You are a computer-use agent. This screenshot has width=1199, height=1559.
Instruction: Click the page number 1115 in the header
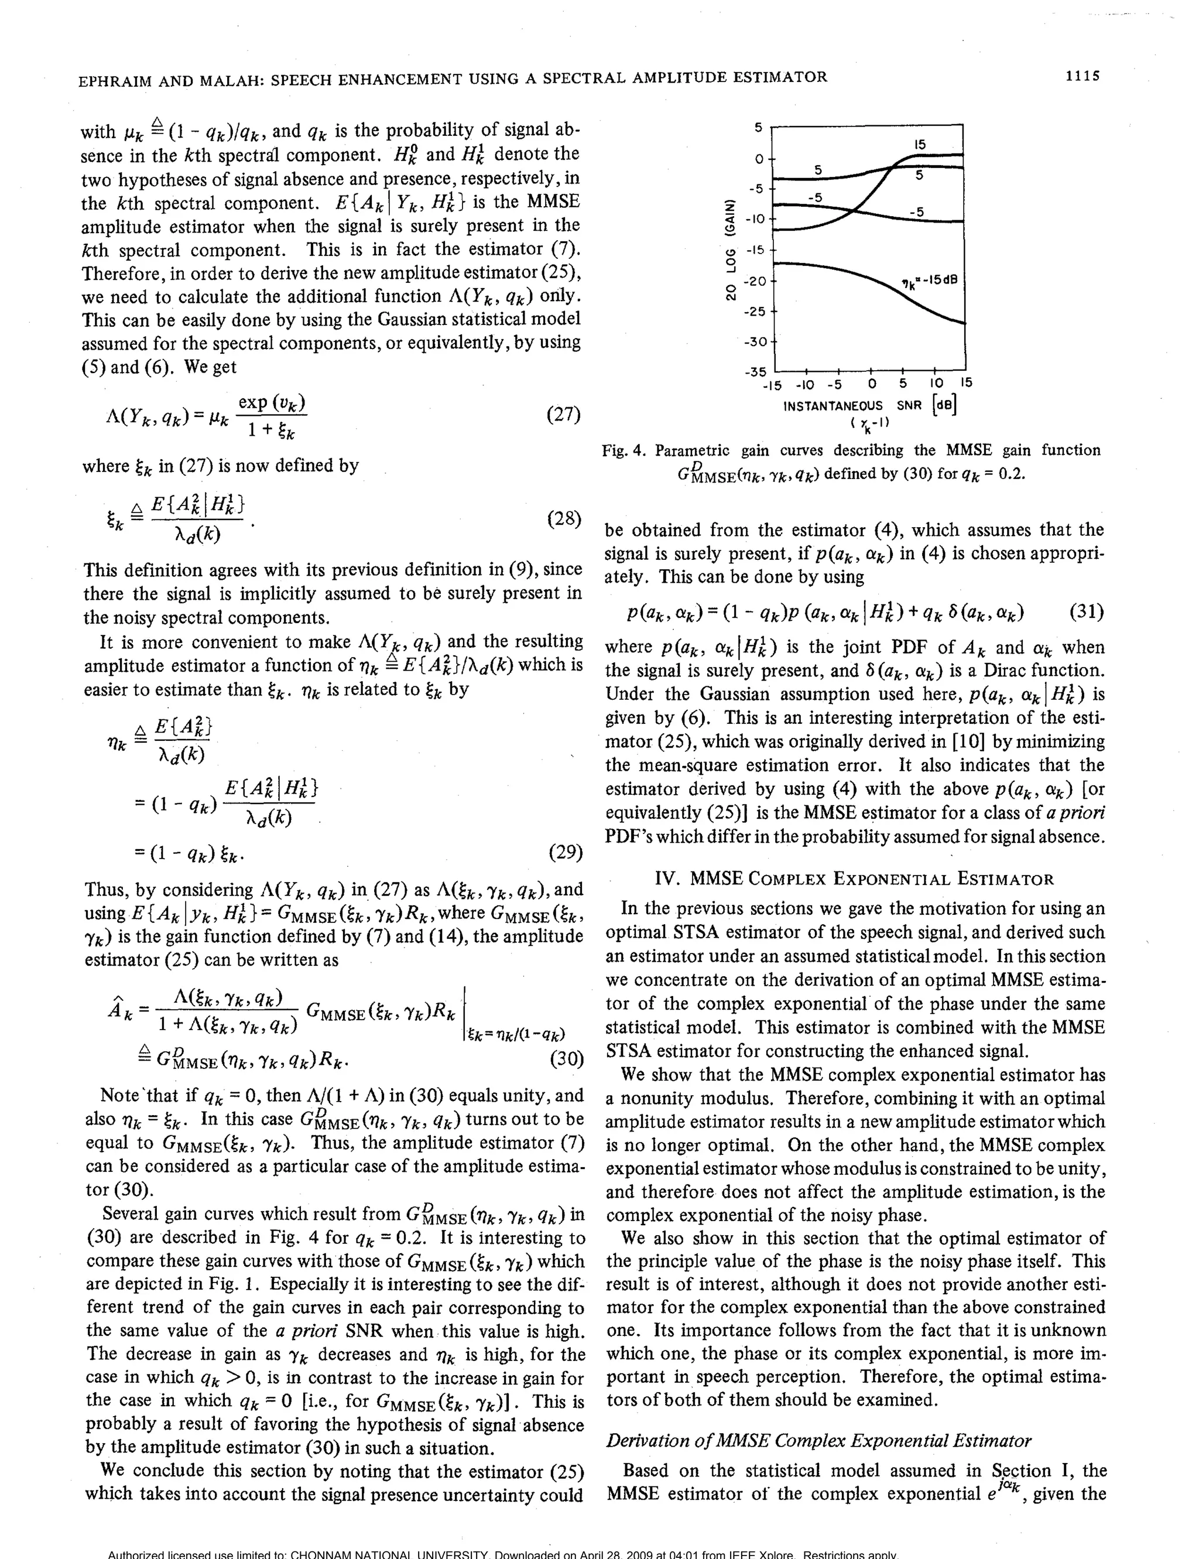(1082, 76)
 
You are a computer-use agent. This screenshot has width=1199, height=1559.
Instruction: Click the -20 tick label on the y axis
(756, 281)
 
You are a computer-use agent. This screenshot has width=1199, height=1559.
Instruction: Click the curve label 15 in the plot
(920, 144)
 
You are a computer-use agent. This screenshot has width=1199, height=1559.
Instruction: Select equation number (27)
(563, 415)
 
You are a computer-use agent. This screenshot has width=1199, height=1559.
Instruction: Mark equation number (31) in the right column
(1087, 613)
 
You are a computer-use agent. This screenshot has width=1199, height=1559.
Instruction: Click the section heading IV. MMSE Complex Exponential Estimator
(854, 878)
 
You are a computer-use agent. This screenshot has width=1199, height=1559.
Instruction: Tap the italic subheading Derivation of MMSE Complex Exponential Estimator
(818, 1441)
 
